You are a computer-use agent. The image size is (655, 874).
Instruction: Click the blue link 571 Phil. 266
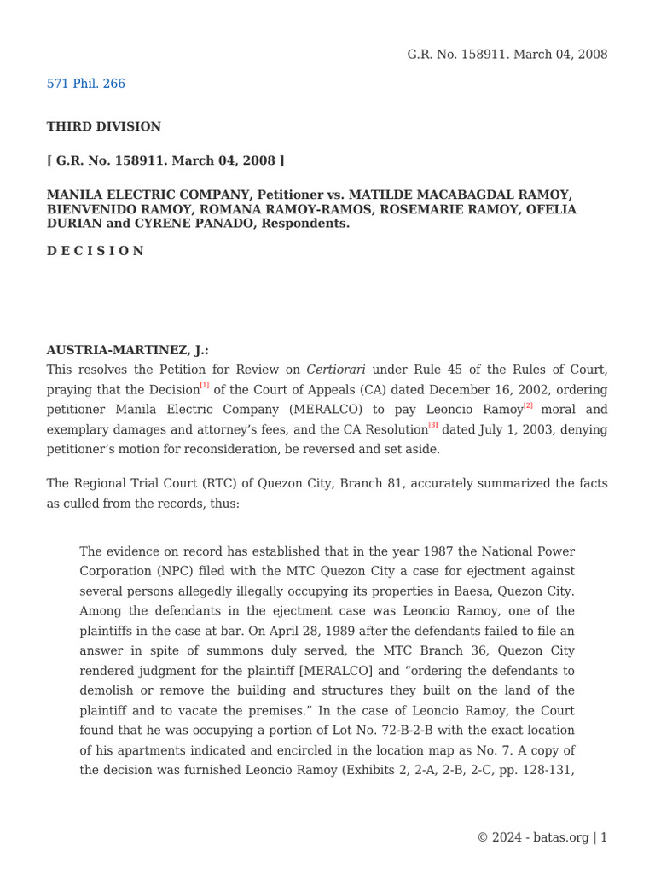[85, 84]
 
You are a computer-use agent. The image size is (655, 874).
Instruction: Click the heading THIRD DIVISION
[103, 126]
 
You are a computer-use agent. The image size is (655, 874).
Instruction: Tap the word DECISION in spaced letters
[95, 251]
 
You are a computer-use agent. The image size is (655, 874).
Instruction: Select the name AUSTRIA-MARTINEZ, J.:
[127, 350]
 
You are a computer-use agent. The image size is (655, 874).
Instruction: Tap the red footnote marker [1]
[205, 386]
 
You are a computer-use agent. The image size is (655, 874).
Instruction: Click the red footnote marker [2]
[528, 405]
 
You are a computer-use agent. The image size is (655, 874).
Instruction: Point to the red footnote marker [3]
[433, 425]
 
